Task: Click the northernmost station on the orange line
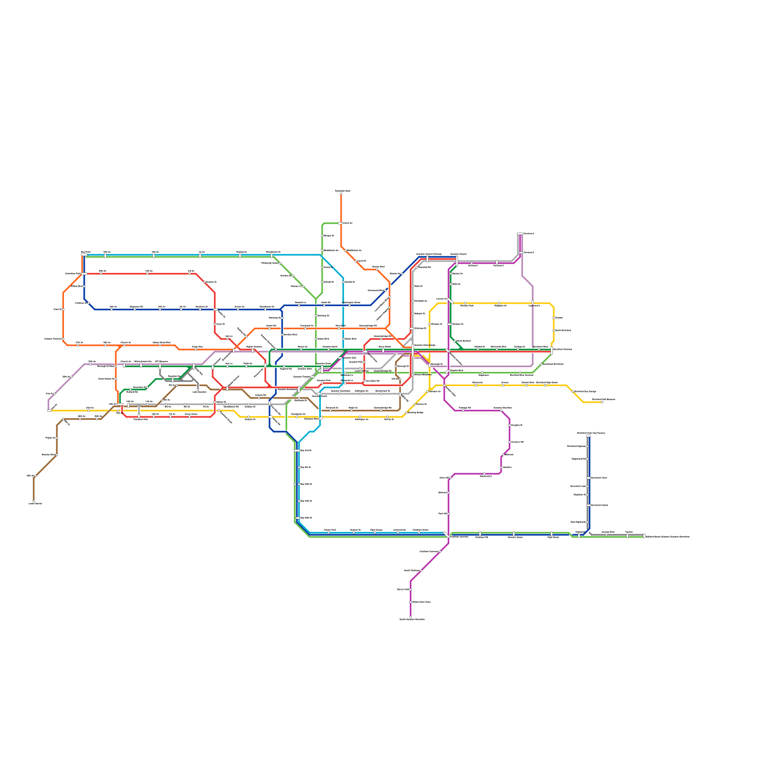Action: click(341, 194)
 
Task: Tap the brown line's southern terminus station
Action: click(34, 501)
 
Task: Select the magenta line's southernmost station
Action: click(411, 617)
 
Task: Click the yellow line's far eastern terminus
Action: click(602, 402)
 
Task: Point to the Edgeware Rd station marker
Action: click(135, 309)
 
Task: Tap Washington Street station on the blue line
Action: click(350, 305)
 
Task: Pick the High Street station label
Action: click(553, 537)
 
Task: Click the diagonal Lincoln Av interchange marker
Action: click(451, 301)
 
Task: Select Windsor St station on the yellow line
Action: click(430, 325)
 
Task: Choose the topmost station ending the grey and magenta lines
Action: click(520, 234)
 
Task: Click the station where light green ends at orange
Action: click(340, 223)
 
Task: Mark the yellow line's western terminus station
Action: click(49, 411)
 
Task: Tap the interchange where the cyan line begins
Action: click(84, 255)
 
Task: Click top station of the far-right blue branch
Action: click(588, 436)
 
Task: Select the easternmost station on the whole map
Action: click(644, 536)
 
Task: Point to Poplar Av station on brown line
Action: click(57, 438)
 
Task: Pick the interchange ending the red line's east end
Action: click(552, 351)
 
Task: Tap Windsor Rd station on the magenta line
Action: click(449, 325)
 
